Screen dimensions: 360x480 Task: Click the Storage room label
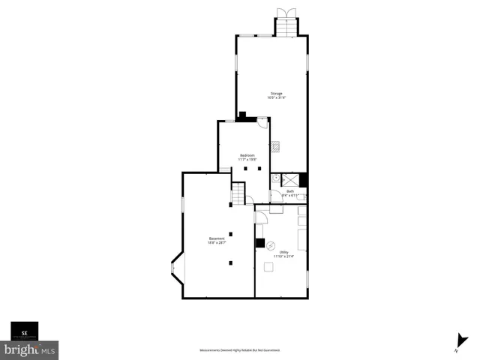click(x=277, y=93)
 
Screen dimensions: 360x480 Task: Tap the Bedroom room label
click(x=247, y=155)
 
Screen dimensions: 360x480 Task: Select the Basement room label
click(x=217, y=238)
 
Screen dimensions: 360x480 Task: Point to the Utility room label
click(x=283, y=252)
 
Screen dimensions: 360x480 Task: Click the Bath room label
click(x=290, y=191)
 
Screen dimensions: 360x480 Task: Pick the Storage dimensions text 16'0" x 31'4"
click(x=277, y=97)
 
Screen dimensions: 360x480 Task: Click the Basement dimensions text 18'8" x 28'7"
click(x=217, y=243)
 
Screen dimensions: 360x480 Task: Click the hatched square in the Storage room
click(x=276, y=145)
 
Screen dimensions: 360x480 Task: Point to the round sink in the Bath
click(x=275, y=178)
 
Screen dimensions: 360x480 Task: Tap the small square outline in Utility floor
click(x=269, y=265)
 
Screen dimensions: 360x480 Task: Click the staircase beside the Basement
click(x=238, y=196)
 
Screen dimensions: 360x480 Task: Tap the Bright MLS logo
click(x=29, y=349)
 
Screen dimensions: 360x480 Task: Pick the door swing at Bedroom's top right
click(x=262, y=122)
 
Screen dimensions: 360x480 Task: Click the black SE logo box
click(x=24, y=331)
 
